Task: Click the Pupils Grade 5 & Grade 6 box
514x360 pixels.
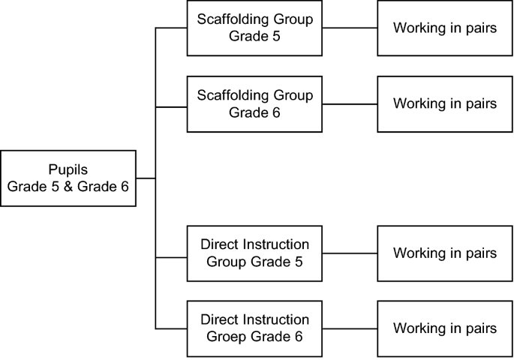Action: tap(68, 178)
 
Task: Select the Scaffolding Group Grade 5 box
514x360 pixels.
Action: tap(254, 28)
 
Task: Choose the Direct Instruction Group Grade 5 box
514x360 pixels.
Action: tap(254, 253)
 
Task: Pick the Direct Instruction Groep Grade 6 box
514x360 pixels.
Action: tap(254, 328)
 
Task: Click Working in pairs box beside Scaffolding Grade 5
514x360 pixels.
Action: tap(444, 28)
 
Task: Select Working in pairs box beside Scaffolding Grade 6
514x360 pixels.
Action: tap(444, 103)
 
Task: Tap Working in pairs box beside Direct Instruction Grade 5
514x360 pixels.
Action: tap(444, 253)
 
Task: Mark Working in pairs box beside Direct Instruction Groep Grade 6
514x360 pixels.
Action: tap(444, 328)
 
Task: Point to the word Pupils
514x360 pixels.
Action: tap(69, 170)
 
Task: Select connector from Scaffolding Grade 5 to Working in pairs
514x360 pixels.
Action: tap(350, 28)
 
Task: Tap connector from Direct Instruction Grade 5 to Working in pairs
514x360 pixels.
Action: tap(350, 253)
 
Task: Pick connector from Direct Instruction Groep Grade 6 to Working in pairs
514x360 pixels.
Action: tap(350, 328)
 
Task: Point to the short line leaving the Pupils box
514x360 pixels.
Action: tap(146, 178)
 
